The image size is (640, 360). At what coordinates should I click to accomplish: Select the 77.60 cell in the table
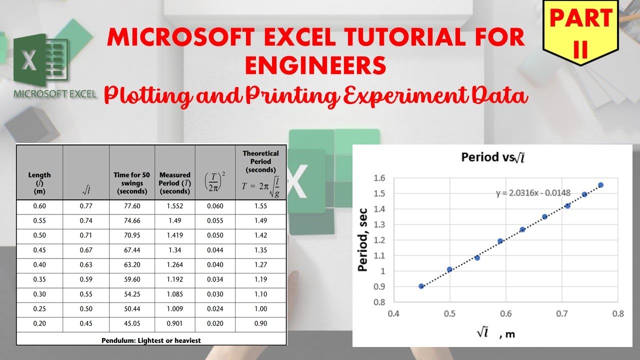pos(132,206)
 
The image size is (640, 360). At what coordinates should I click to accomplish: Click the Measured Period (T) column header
pos(174,183)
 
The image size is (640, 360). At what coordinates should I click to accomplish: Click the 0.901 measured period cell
pos(174,323)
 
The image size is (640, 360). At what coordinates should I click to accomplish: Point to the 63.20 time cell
pos(132,265)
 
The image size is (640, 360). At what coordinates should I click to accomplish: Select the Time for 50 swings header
pos(132,183)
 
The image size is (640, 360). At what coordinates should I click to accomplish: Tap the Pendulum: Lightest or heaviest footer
pos(151,340)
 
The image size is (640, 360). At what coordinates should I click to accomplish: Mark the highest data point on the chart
pos(600,185)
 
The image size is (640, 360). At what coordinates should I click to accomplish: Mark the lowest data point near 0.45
pos(421,286)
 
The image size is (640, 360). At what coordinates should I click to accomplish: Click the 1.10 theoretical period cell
pos(260,294)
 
